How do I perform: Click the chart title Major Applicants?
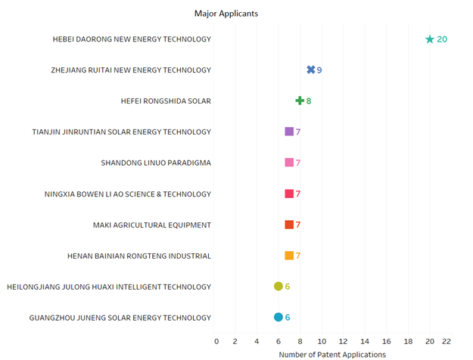[226, 14]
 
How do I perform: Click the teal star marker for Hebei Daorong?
[430, 39]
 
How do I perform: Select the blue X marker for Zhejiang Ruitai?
[311, 70]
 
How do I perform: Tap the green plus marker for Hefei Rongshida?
[300, 101]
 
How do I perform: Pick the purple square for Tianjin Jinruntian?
[289, 132]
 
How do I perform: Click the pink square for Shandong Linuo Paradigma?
[289, 163]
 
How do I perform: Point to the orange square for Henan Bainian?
[289, 256]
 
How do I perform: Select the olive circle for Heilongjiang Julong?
[279, 286]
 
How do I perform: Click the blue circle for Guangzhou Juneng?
[279, 317]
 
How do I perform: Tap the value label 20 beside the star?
[442, 39]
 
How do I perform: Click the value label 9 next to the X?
[319, 70]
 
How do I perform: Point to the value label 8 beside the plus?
[309, 101]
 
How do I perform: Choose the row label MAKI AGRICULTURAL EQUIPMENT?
[151, 225]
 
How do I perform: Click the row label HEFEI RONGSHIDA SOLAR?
[166, 101]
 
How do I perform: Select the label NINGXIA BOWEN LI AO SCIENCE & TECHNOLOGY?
[128, 194]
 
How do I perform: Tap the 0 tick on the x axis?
[216, 341]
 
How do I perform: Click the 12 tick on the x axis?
[344, 341]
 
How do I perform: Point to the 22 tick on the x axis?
[447, 341]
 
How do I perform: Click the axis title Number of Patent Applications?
[332, 355]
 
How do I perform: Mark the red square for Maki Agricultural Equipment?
[289, 225]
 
